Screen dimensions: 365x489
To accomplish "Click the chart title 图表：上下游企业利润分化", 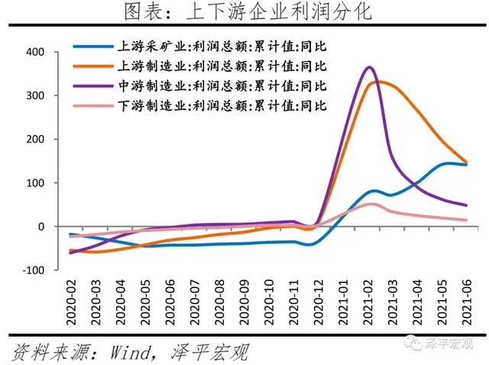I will (x=244, y=12).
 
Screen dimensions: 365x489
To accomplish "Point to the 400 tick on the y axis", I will (x=36, y=53).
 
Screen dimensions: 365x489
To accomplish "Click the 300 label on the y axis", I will (x=36, y=96).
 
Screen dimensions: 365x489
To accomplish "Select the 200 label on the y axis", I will (x=36, y=140).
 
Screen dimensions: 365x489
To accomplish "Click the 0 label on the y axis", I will (x=42, y=227).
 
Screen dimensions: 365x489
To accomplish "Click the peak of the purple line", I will (x=370, y=67).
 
